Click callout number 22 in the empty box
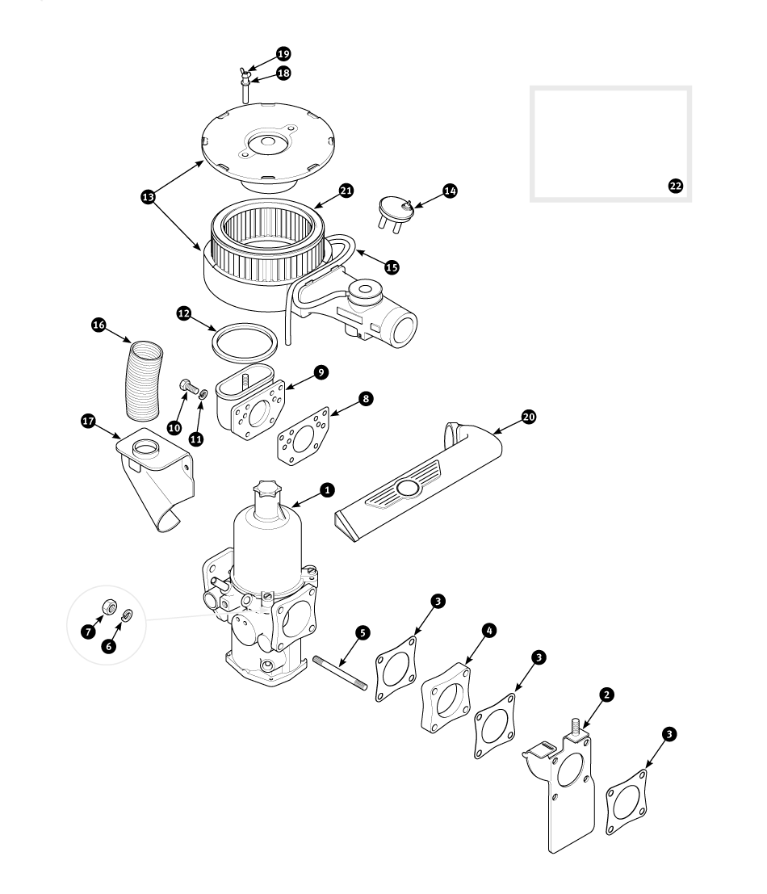pos(675,186)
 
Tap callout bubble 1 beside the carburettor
pos(327,489)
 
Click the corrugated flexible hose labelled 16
pos(145,380)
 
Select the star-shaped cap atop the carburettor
pos(266,491)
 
